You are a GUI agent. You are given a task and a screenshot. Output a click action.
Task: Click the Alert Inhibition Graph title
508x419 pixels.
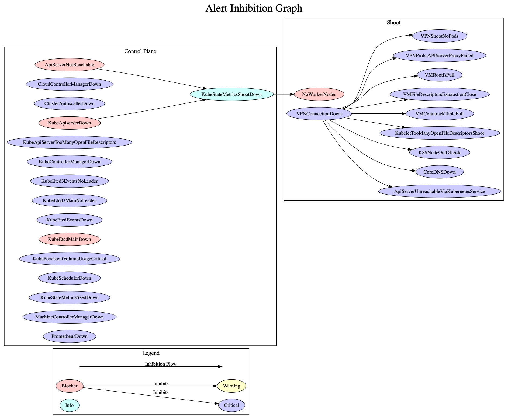254,8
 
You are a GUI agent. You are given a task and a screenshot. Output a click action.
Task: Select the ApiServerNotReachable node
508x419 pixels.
70,65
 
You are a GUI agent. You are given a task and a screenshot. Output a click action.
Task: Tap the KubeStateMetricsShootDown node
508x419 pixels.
231,94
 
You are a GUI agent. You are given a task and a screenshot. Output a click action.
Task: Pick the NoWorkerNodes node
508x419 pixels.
319,94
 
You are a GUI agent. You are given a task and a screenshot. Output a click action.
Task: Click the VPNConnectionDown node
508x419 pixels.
319,114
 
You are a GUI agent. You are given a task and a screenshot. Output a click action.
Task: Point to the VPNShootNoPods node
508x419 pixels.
439,36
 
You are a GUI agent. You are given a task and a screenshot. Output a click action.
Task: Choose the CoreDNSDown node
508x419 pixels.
439,172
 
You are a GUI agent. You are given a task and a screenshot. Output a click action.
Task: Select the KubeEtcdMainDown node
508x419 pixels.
70,239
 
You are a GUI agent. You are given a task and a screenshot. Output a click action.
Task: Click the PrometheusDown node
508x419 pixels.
70,336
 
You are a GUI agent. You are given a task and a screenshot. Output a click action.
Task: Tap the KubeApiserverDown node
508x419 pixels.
70,123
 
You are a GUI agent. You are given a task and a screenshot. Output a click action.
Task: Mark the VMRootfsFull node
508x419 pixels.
439,75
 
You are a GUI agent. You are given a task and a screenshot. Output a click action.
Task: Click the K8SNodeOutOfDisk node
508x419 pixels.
439,153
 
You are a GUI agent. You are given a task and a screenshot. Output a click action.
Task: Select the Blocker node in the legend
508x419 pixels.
70,386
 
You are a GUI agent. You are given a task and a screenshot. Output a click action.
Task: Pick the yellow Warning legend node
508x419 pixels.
231,386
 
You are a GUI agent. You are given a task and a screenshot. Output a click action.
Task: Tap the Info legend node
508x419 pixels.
70,405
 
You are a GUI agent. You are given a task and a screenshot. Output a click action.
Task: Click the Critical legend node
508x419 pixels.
231,405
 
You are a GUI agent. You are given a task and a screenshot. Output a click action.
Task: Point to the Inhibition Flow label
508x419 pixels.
161,364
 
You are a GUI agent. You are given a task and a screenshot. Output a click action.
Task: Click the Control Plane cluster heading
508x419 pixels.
140,51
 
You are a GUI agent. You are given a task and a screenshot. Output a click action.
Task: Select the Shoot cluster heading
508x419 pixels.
393,22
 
